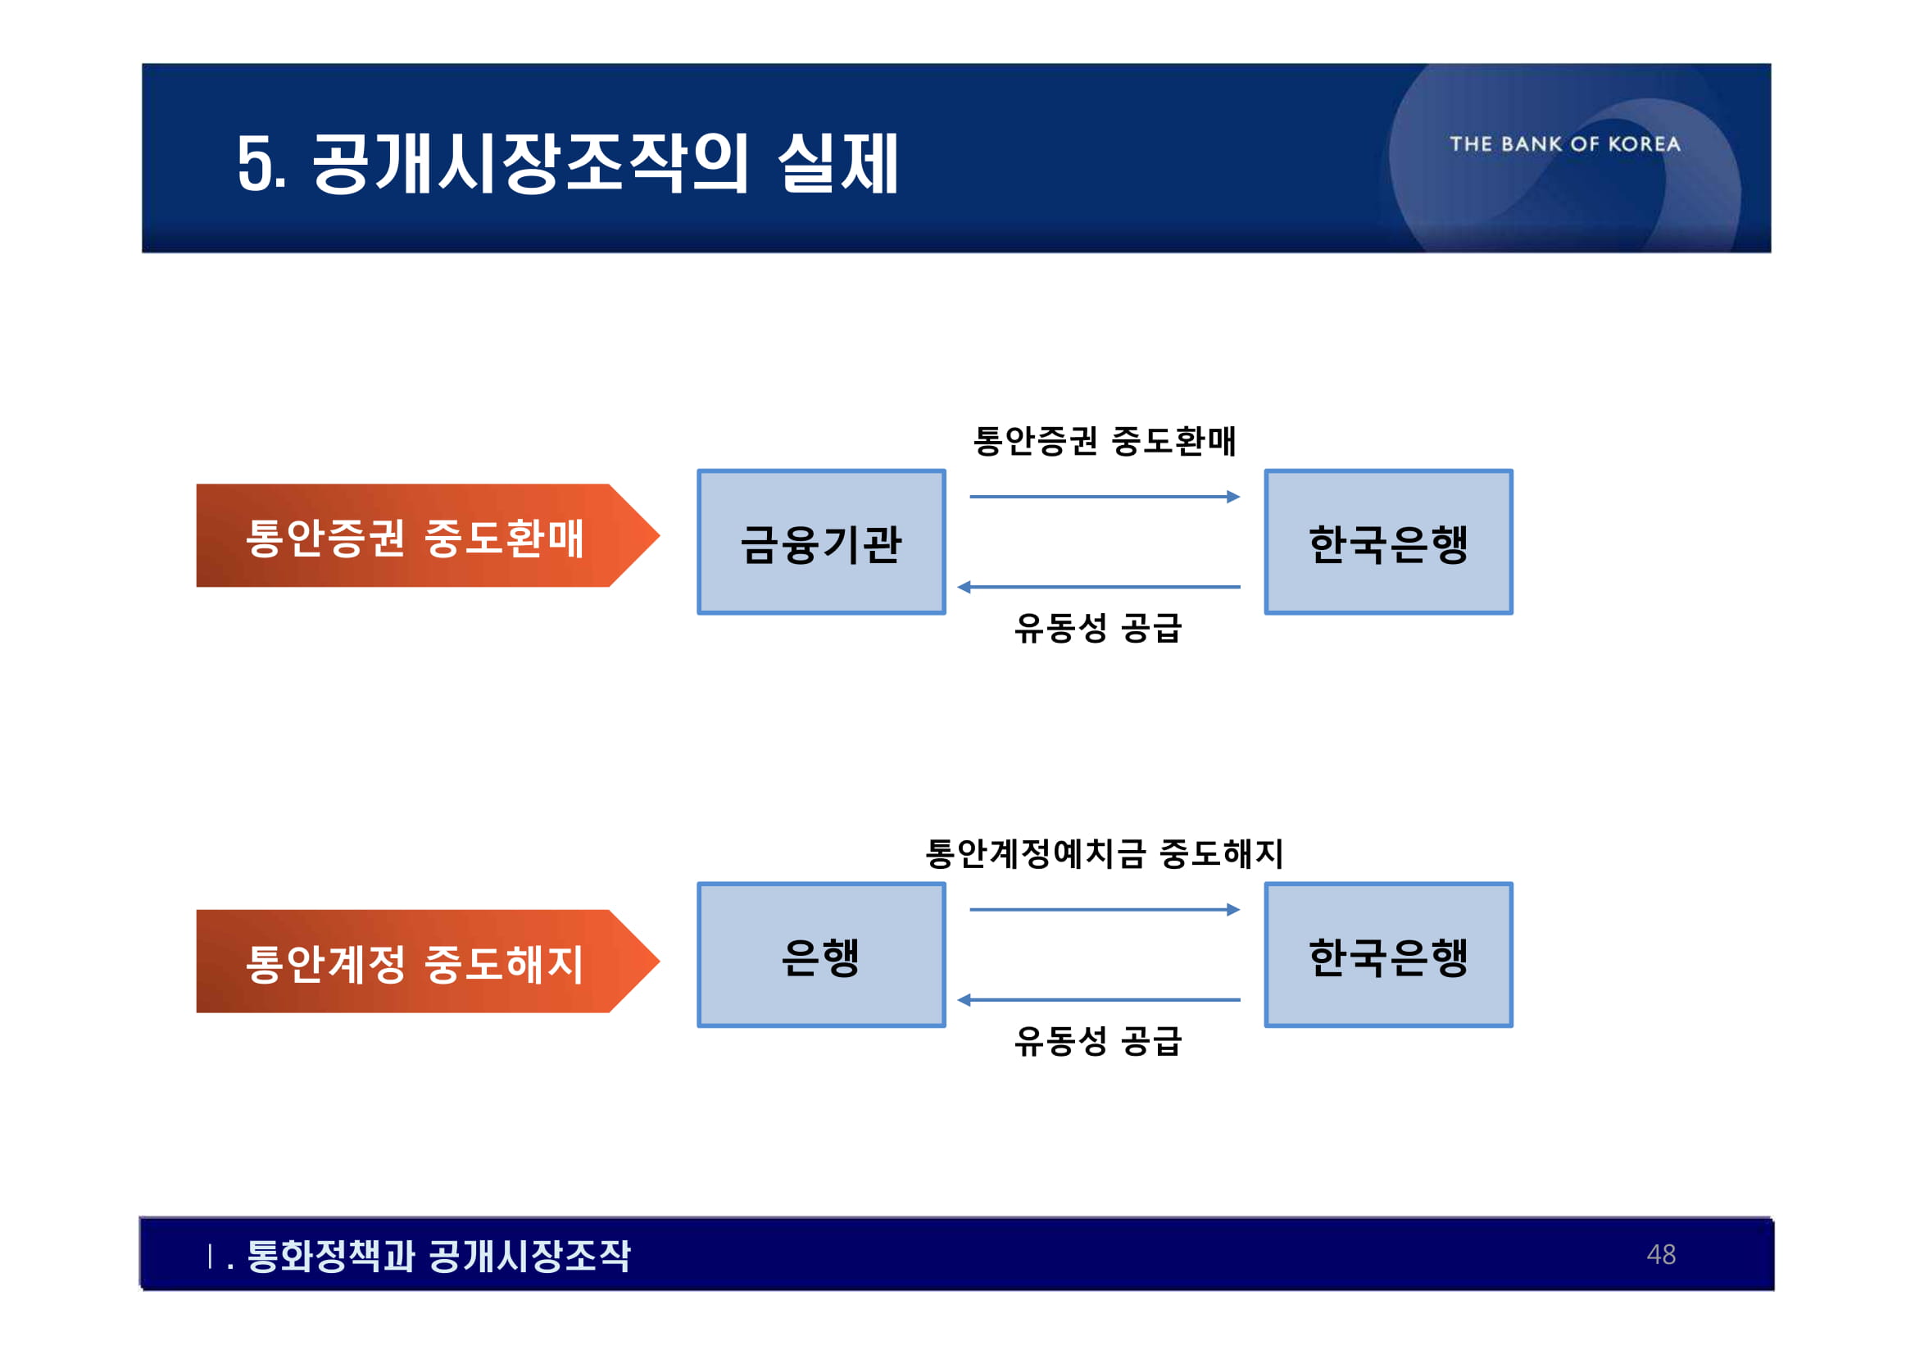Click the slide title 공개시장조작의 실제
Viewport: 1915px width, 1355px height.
(567, 162)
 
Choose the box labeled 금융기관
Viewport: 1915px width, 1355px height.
(821, 543)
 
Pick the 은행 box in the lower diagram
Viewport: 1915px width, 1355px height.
(821, 955)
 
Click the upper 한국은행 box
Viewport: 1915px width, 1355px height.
(1388, 543)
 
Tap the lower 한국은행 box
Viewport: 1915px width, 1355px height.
(1388, 955)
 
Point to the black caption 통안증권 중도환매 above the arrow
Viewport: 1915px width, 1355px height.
(1105, 440)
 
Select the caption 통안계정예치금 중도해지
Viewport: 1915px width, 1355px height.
(1105, 853)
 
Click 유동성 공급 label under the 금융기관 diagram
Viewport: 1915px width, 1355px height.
(1098, 627)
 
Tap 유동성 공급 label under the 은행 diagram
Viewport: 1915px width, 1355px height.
(1098, 1040)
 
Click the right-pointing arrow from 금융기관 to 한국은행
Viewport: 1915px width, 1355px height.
(1105, 498)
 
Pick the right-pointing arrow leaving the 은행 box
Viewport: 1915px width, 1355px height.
(1105, 909)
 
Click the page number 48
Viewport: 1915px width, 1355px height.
(1661, 1254)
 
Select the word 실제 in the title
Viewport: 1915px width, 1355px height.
(837, 162)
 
